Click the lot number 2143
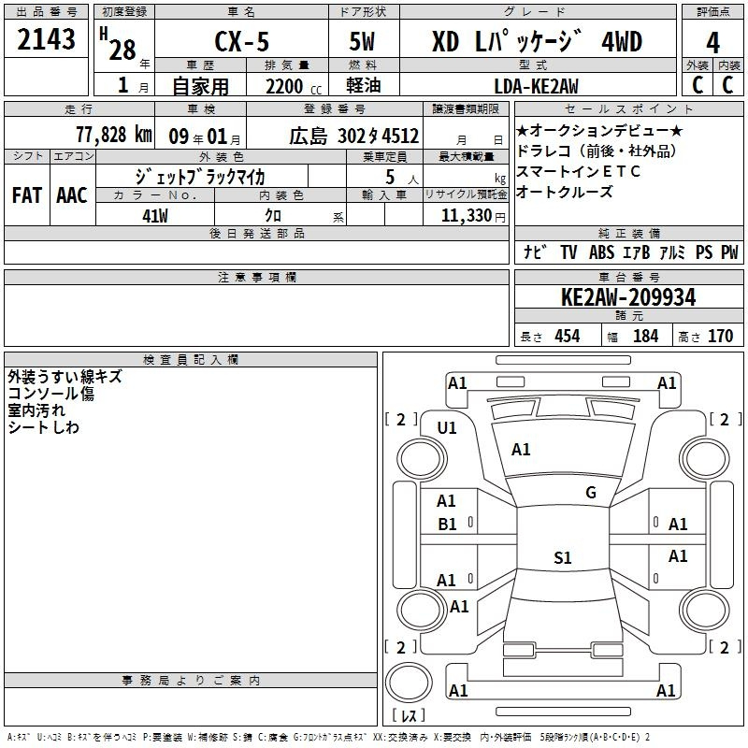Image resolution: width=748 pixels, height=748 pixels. point(46,39)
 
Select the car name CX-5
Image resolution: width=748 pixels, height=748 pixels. point(242,41)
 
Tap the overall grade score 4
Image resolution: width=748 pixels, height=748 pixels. point(712,43)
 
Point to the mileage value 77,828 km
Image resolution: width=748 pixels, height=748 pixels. point(114,135)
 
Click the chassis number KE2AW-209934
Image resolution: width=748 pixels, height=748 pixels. point(628,297)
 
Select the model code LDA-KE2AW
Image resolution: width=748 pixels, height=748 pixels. point(536,86)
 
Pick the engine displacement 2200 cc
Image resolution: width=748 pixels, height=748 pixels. point(294,87)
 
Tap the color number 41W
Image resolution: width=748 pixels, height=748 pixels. point(154,216)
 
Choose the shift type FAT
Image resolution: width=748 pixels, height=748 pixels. point(27,195)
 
